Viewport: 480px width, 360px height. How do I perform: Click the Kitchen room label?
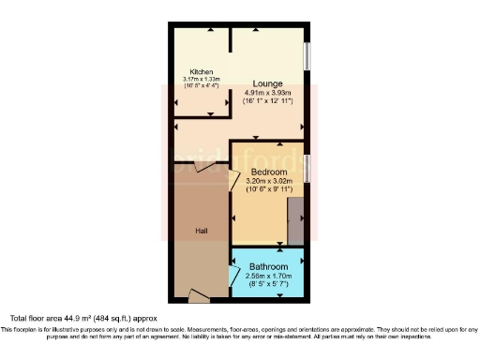pyautogui.click(x=202, y=71)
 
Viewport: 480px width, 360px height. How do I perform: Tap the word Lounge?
pyautogui.click(x=267, y=83)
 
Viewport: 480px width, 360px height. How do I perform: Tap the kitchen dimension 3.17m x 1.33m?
pyautogui.click(x=202, y=79)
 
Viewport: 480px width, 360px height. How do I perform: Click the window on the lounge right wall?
pyautogui.click(x=307, y=55)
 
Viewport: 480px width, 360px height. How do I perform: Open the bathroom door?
pyautogui.click(x=233, y=275)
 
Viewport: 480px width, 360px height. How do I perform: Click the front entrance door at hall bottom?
pyautogui.click(x=199, y=296)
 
